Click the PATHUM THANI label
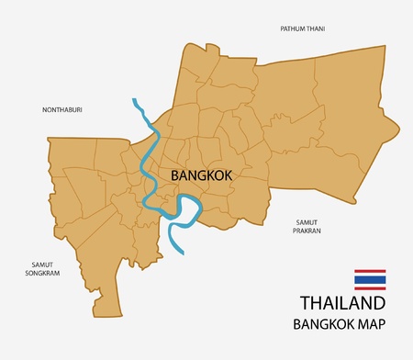(303, 29)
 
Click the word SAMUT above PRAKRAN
(307, 221)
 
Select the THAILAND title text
(342, 305)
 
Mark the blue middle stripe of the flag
(370, 278)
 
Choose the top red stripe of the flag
(370, 271)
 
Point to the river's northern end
(134, 99)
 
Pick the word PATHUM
(292, 29)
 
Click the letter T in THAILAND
(306, 305)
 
